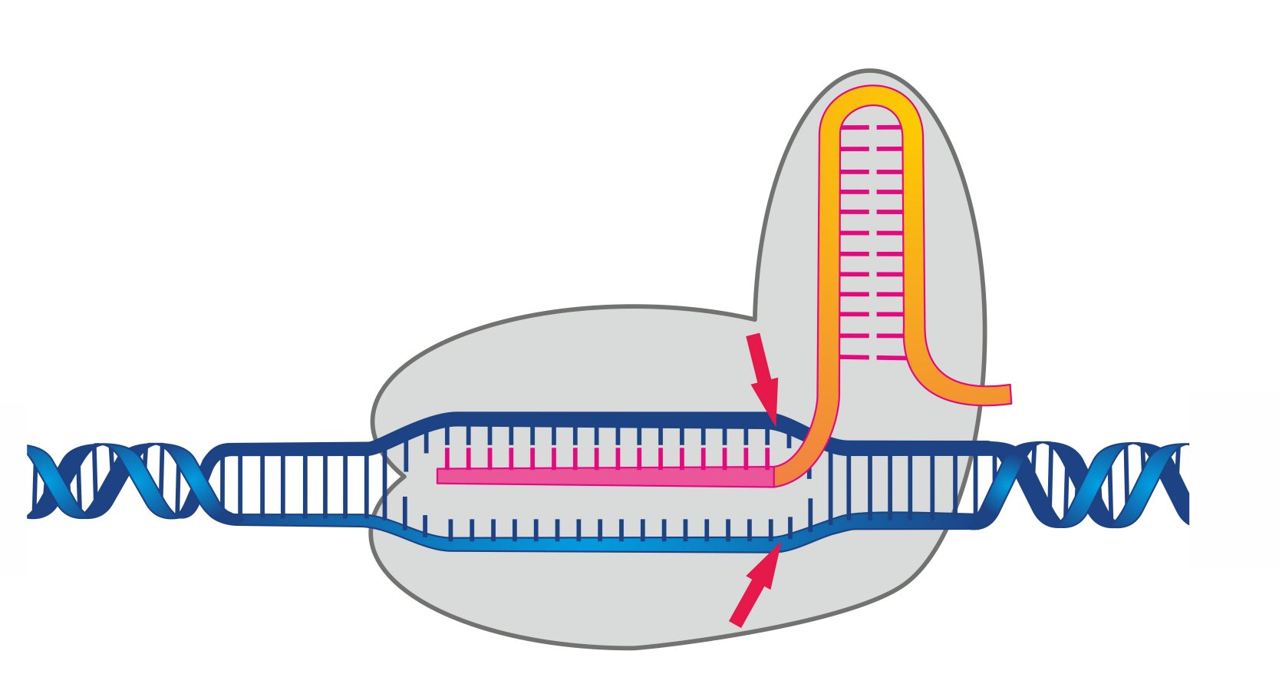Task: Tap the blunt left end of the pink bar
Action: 440,476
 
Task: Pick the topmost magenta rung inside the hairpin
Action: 872,127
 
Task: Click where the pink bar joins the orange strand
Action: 775,476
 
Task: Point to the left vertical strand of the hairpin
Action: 830,246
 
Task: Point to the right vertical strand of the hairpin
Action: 913,246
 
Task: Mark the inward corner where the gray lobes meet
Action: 755,318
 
